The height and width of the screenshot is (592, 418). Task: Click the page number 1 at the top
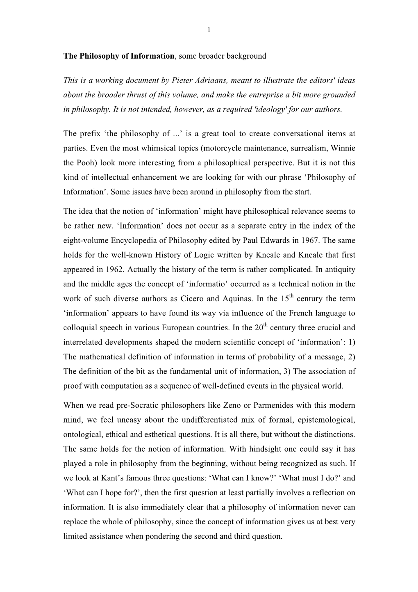point(209,29)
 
